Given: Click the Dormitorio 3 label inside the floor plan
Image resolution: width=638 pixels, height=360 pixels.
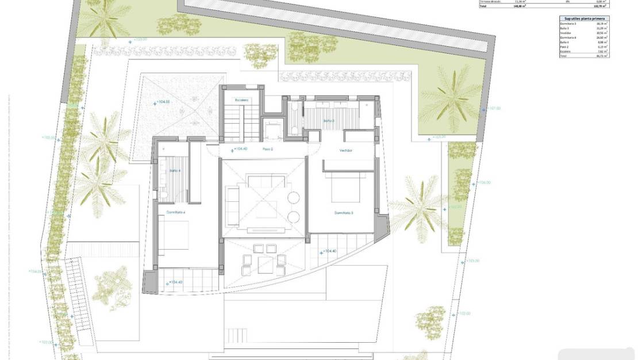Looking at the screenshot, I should [x=344, y=213].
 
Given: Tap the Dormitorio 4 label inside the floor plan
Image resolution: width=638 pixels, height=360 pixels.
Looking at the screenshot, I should [x=176, y=212].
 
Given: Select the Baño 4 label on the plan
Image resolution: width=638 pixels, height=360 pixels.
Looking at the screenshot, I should [x=175, y=171].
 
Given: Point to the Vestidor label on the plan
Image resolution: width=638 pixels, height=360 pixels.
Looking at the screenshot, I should [x=345, y=150].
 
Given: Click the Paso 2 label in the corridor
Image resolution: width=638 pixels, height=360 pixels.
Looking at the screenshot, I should [x=267, y=150].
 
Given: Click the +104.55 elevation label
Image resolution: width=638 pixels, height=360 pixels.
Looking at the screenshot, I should [x=163, y=102].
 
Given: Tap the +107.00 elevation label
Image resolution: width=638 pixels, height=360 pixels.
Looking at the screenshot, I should [x=493, y=108].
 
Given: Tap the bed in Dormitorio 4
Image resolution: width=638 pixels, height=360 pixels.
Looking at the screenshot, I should [x=174, y=235].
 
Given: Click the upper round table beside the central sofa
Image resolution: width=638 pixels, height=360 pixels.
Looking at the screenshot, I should [x=293, y=198].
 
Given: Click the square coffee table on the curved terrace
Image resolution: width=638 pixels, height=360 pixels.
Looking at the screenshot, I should [x=265, y=265].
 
